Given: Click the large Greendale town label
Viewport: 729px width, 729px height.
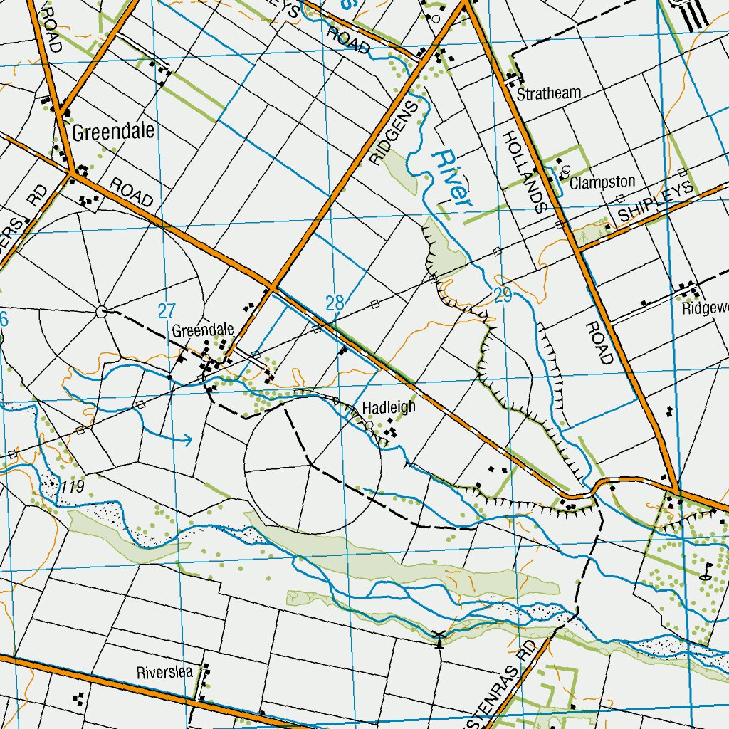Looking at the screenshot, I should coord(113,132).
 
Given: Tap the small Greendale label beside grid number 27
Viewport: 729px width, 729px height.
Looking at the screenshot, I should coord(203,330).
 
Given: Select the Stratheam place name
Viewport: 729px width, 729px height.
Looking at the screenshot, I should coord(549,93).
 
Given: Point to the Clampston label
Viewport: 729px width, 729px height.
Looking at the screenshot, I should coord(602,182).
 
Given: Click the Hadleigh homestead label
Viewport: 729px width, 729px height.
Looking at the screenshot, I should coord(389,408).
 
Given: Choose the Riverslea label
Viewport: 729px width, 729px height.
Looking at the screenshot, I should coord(164,673).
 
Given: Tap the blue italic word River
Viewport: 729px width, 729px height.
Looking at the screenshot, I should coord(453,177).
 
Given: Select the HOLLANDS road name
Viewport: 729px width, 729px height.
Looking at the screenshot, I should coord(523,172).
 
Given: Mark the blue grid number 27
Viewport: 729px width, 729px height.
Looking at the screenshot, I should coord(166,310).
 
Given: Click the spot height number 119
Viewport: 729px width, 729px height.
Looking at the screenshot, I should coord(73,487).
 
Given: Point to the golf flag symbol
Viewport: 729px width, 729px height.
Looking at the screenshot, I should coord(706,571).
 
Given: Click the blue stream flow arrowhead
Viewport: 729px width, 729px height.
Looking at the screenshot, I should coord(189,439).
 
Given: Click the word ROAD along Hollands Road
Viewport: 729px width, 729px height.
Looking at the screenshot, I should coord(599,342).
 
